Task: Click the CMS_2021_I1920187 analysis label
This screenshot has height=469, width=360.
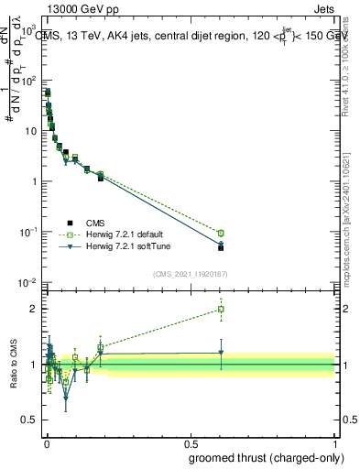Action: pos(191,272)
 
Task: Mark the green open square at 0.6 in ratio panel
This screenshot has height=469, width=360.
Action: pos(220,310)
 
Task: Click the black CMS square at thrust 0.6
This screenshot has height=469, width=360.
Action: pos(220,247)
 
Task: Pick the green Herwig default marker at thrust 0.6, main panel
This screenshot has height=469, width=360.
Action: pos(220,233)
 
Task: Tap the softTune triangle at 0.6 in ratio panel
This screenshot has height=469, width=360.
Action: pos(220,353)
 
